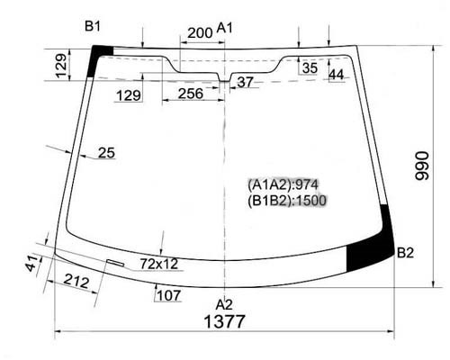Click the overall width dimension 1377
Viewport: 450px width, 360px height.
(224, 321)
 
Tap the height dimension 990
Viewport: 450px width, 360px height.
(422, 166)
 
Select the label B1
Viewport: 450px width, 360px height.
(93, 27)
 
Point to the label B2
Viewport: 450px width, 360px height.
(405, 253)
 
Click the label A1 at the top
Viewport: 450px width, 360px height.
(225, 28)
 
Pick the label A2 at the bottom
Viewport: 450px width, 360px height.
(224, 304)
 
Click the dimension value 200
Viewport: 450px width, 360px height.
(200, 32)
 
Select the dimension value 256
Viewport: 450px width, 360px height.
(191, 94)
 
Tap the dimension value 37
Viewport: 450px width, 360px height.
(245, 82)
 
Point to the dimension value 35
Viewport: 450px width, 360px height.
(310, 68)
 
